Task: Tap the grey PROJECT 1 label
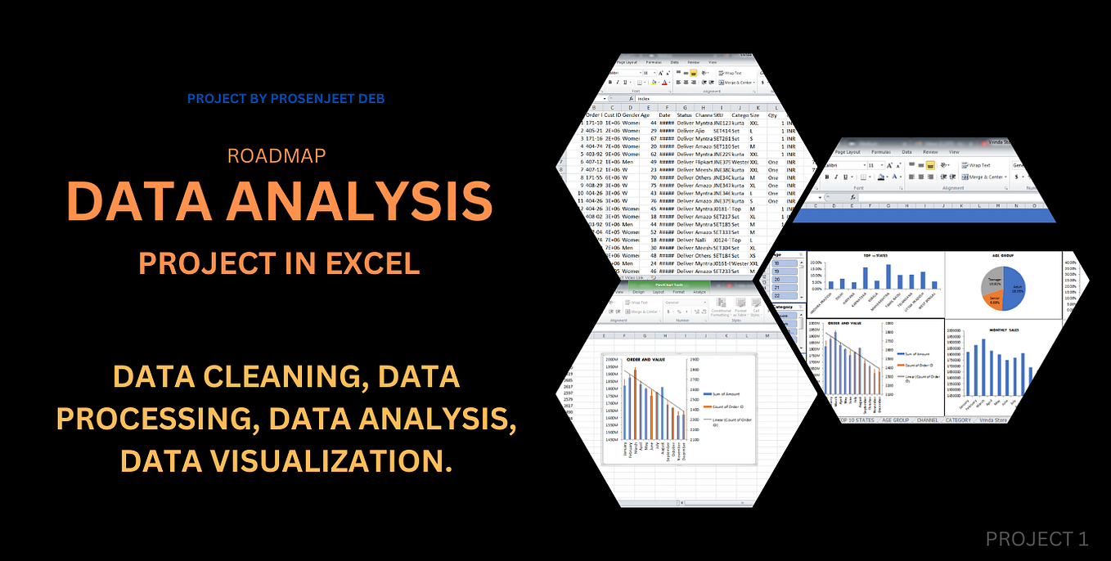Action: coord(1037,539)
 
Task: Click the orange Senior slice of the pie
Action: coord(992,298)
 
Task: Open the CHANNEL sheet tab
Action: coord(927,420)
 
